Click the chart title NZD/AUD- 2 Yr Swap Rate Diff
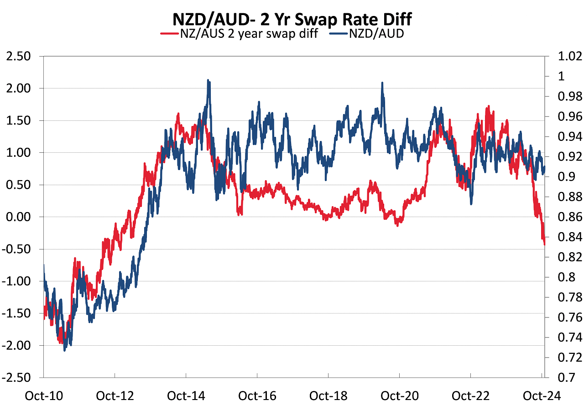pyautogui.click(x=292, y=20)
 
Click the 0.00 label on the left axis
pyautogui.click(x=19, y=217)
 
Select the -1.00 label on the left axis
pyautogui.click(x=17, y=281)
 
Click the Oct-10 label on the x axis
pyautogui.click(x=43, y=395)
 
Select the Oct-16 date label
pyautogui.click(x=257, y=395)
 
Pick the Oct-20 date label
pyautogui.click(x=400, y=395)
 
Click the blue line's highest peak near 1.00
pyautogui.click(x=208, y=80)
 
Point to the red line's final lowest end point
pyautogui.click(x=544, y=244)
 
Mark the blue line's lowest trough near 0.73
pyautogui.click(x=65, y=350)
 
